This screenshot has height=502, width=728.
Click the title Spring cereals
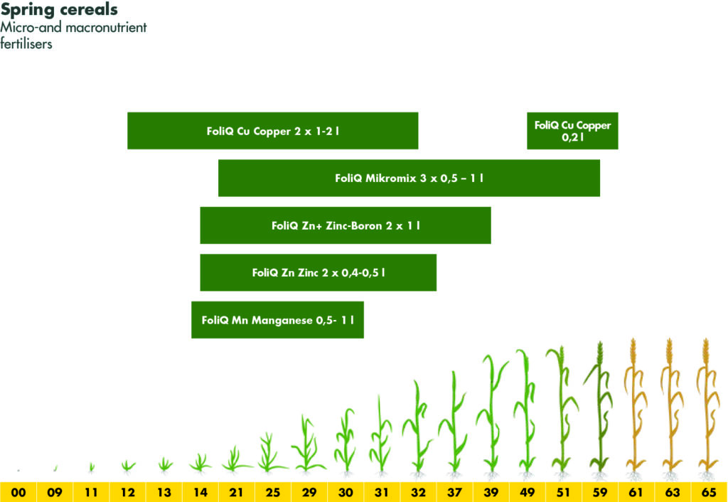pos(59,9)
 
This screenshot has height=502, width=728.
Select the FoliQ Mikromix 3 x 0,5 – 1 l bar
pos(409,178)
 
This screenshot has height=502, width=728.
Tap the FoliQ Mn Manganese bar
pos(278,320)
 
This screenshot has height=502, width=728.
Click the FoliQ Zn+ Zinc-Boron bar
pos(346,225)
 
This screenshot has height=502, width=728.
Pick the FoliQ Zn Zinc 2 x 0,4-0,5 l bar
pos(318,272)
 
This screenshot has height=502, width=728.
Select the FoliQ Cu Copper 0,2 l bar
pos(572,131)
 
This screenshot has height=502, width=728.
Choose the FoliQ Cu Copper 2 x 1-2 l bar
pos(273,131)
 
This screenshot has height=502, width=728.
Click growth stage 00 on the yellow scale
pos(18,492)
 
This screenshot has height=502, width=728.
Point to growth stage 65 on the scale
pos(709,492)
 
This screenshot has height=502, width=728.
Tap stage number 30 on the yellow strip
pos(346,492)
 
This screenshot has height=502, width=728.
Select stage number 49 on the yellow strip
pos(527,492)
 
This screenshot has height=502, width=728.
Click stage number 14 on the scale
pos(200,492)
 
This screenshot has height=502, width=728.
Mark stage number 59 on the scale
pos(600,492)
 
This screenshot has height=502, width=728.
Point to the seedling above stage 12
pos(128,466)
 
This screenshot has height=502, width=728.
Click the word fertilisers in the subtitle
pos(26,44)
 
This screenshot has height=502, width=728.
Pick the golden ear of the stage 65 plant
pos(706,351)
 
